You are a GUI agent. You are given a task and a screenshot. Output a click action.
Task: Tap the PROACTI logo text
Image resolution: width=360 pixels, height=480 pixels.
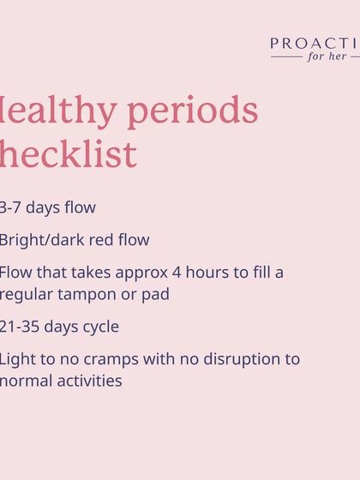tap(315, 44)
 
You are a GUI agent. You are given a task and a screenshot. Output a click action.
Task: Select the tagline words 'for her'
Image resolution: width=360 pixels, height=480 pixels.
tap(327, 57)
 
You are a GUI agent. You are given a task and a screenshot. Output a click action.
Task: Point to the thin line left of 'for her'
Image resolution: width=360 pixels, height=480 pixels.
tap(286, 57)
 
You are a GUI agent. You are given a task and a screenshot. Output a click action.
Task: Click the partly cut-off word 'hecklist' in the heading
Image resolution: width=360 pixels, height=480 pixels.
tap(68, 154)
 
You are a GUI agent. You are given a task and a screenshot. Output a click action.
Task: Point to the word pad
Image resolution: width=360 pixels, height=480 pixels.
tap(156, 294)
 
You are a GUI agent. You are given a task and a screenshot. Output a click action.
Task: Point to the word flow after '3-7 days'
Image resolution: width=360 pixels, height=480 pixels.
tap(78, 207)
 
